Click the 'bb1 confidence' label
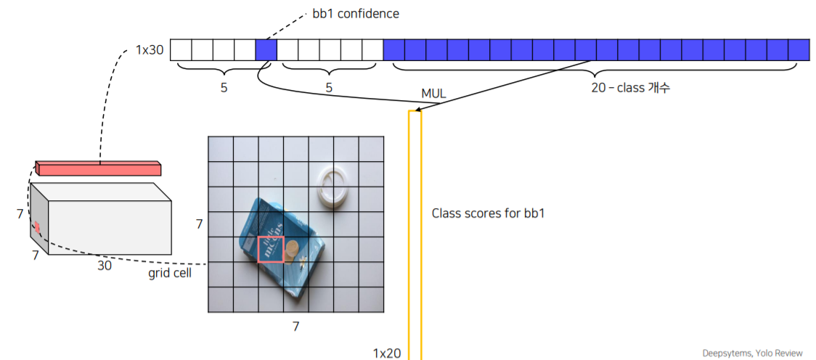click(x=360, y=13)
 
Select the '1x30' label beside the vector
click(x=150, y=51)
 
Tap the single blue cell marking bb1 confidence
click(x=266, y=50)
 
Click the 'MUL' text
click(x=433, y=94)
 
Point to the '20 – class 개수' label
click(x=630, y=87)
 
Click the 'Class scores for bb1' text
click(x=489, y=213)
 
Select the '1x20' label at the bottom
click(x=386, y=353)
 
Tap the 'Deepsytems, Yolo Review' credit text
click(x=752, y=353)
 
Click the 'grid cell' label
click(x=170, y=274)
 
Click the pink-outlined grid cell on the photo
click(x=271, y=249)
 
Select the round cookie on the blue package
click(x=293, y=251)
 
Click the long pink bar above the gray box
click(x=98, y=168)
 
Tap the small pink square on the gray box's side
click(x=36, y=229)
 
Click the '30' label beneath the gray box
click(x=105, y=266)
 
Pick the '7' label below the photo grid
click(x=295, y=326)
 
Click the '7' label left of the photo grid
click(x=199, y=224)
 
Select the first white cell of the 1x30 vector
click(x=181, y=50)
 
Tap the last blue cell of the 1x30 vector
click(x=799, y=50)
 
